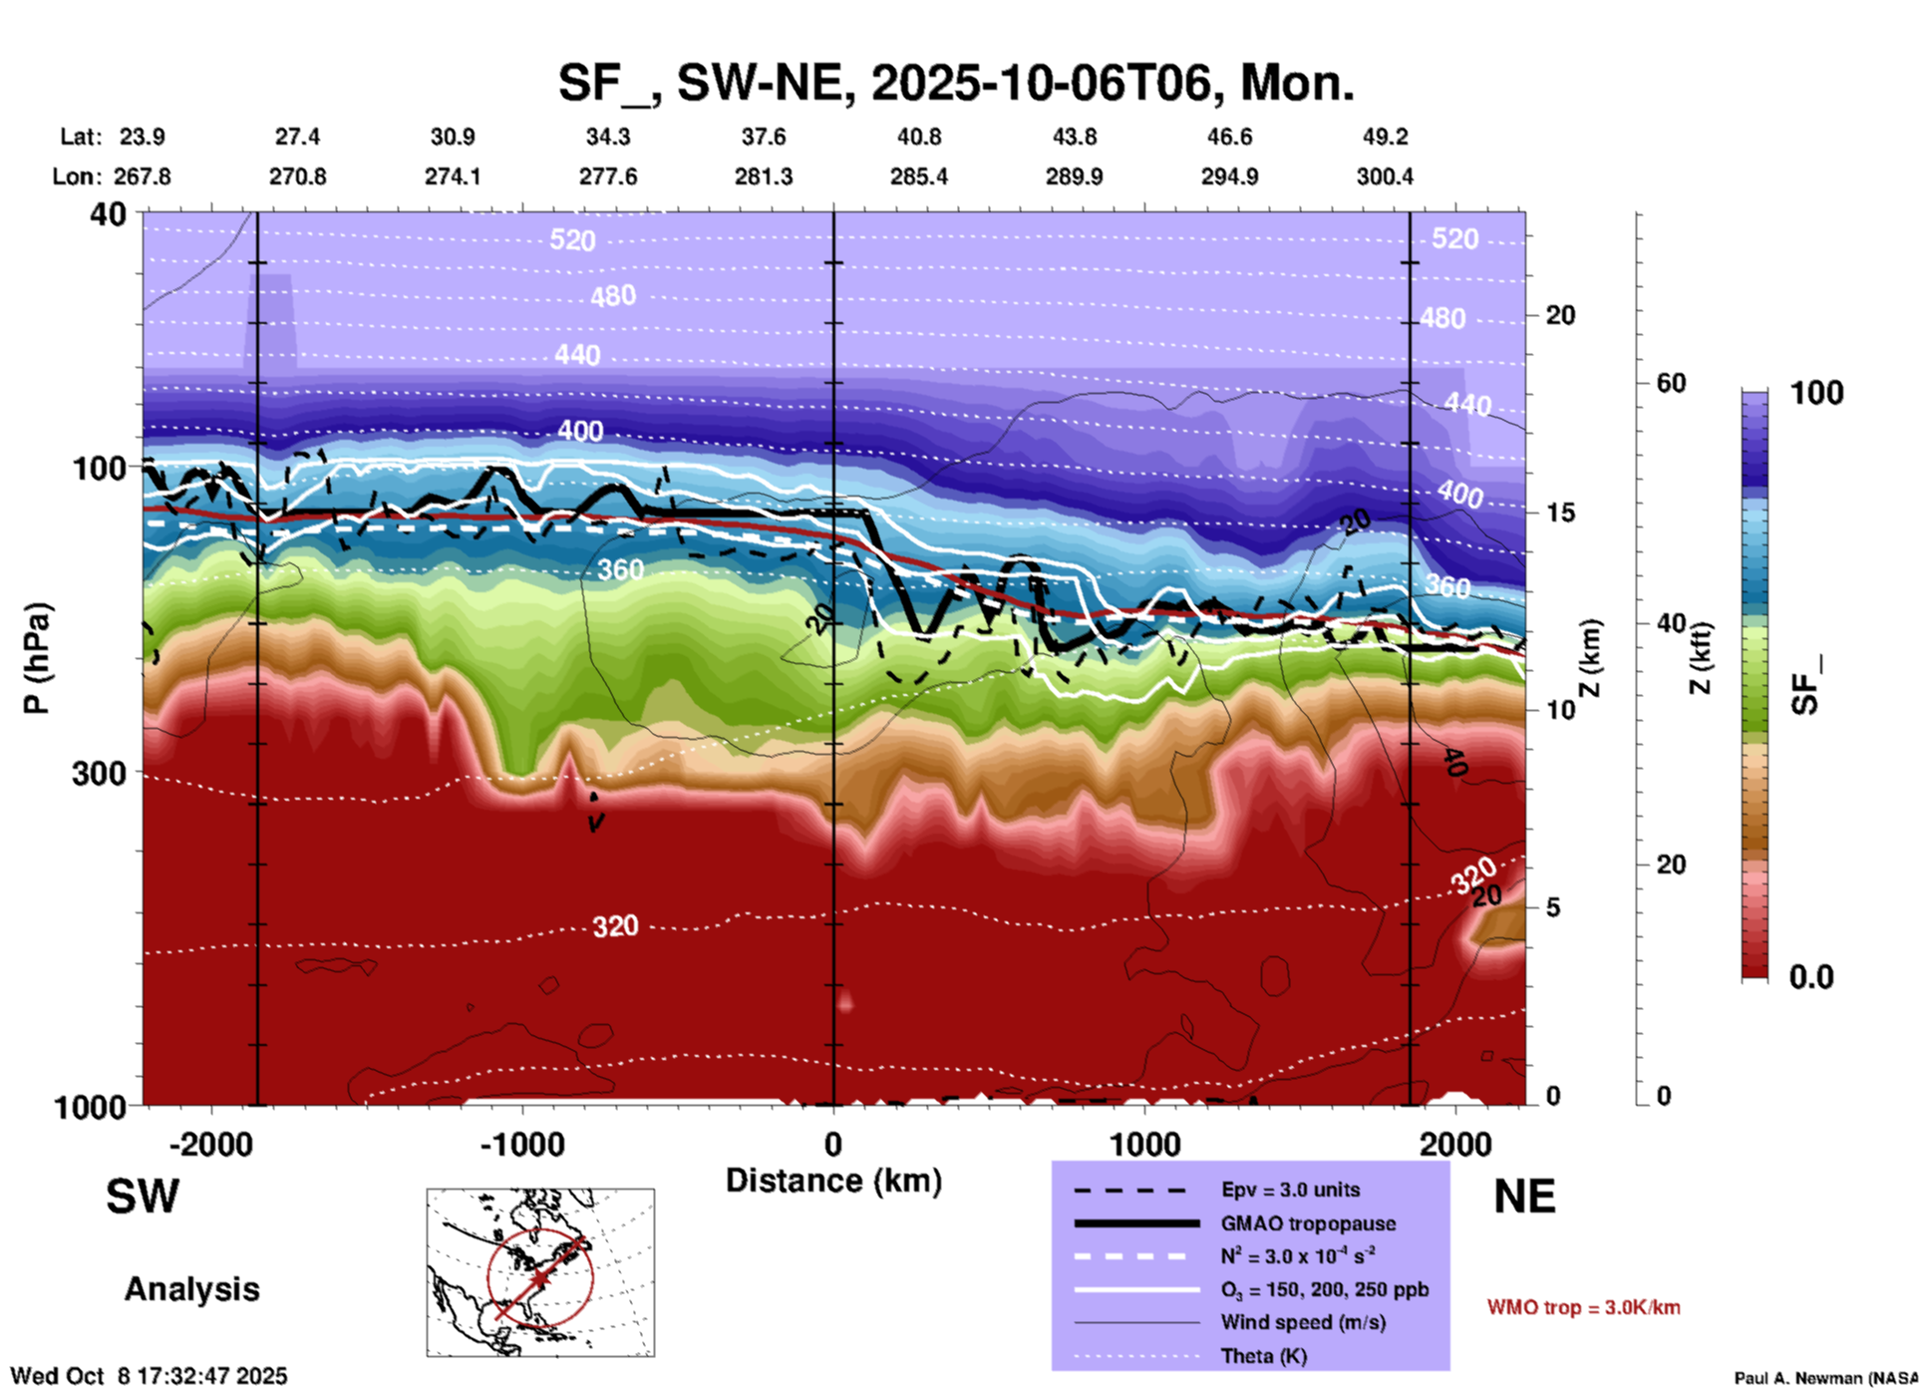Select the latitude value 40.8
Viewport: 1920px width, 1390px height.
(x=918, y=137)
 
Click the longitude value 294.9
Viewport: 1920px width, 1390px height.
(x=1229, y=176)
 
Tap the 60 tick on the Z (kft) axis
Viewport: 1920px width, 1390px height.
(x=1671, y=383)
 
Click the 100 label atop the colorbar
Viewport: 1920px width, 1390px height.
(x=1816, y=393)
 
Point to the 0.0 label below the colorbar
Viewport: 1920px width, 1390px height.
(x=1810, y=976)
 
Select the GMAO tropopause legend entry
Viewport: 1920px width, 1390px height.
(x=1308, y=1223)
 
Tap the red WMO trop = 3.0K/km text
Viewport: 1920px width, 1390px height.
(x=1583, y=1307)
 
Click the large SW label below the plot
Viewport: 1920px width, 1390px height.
(x=143, y=1197)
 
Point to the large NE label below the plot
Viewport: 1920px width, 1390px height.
(x=1524, y=1197)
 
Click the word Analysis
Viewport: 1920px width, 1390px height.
(x=191, y=1289)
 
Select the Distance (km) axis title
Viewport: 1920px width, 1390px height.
(x=833, y=1181)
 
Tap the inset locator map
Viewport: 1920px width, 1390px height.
(x=540, y=1272)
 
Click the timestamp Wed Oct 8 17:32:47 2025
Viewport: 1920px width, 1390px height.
(x=149, y=1376)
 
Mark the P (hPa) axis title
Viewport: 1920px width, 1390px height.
(x=37, y=657)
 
